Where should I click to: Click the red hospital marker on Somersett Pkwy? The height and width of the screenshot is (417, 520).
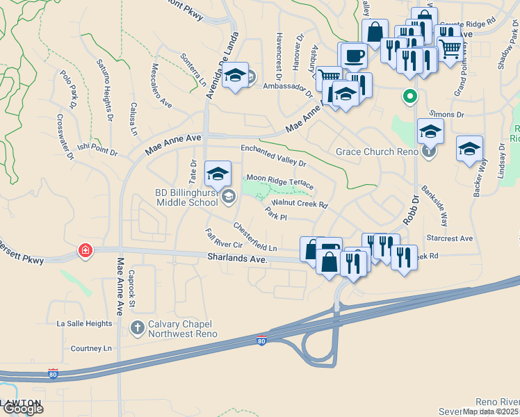(86, 250)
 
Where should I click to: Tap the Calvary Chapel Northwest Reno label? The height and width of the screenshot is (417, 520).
(183, 329)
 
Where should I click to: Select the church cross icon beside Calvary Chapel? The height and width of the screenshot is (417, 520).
(138, 327)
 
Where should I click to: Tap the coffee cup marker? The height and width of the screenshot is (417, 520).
(352, 56)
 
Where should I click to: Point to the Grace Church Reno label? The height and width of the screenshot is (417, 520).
(376, 152)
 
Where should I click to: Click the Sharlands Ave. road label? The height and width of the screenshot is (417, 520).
(237, 258)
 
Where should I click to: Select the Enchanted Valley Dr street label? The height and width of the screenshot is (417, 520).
(273, 155)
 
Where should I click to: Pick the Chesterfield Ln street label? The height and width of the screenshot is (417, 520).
(255, 237)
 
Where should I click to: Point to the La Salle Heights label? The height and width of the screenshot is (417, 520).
(84, 323)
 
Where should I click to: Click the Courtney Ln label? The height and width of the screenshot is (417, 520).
(91, 348)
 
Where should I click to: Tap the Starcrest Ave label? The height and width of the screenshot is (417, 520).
(450, 238)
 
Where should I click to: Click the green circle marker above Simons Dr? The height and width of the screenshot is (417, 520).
(410, 97)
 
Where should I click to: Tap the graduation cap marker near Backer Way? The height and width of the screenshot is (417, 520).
(469, 148)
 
